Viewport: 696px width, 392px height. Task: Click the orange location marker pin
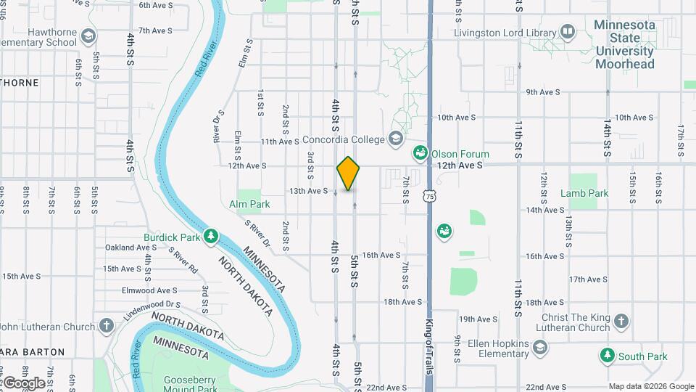(x=349, y=173)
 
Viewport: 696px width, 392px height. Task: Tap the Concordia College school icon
(x=396, y=138)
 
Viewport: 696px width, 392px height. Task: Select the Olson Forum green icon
(x=419, y=153)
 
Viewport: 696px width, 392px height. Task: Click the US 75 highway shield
(x=431, y=196)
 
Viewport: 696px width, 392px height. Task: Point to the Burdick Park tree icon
(x=211, y=236)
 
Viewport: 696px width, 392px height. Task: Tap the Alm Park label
(x=249, y=205)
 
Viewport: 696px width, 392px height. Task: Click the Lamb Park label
(x=584, y=194)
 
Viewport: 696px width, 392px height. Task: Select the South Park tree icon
(x=607, y=356)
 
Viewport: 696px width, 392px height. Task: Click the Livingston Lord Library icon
(x=568, y=32)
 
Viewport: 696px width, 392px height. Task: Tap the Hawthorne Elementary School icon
(x=88, y=36)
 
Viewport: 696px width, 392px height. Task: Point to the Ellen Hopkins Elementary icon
(x=539, y=348)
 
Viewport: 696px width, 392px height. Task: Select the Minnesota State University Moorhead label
(x=624, y=44)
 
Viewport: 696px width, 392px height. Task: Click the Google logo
(x=24, y=383)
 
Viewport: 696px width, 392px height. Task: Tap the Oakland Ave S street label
(x=131, y=248)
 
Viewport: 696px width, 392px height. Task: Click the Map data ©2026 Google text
(x=650, y=386)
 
